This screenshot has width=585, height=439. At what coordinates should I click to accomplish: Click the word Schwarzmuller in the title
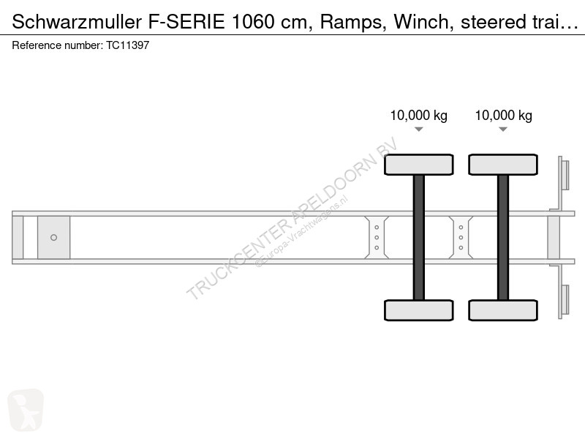pyautogui.click(x=77, y=22)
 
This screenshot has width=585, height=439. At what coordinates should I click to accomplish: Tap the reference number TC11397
pyautogui.click(x=127, y=45)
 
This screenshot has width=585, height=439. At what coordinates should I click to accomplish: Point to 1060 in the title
pyautogui.click(x=253, y=22)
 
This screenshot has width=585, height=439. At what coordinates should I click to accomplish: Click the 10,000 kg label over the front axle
pyautogui.click(x=418, y=116)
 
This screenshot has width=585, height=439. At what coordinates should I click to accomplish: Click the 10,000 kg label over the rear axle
pyautogui.click(x=503, y=116)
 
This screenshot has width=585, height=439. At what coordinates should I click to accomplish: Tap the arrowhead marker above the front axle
pyautogui.click(x=418, y=130)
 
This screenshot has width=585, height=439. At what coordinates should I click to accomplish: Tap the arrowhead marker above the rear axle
pyautogui.click(x=503, y=130)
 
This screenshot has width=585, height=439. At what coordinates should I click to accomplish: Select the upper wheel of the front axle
pyautogui.click(x=418, y=165)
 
